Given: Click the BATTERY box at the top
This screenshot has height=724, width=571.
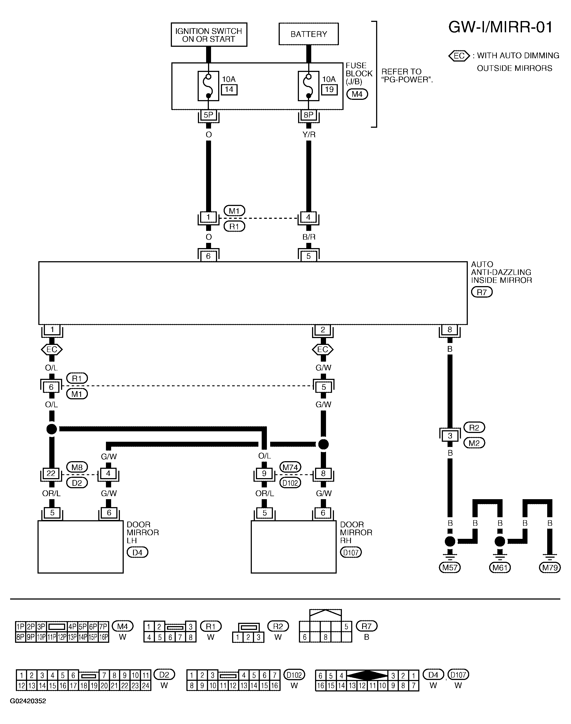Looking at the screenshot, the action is point(308,34).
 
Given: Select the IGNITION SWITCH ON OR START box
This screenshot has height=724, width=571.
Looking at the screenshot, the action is point(209,34).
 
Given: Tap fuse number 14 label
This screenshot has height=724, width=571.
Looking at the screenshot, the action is point(229,89).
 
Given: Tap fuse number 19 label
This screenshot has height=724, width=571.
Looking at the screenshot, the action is point(329,89).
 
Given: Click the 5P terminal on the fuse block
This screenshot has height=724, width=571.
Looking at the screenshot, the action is point(208,115).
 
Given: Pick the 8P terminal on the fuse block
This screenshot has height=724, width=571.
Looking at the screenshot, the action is point(308,115).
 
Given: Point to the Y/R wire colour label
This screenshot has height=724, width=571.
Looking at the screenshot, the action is point(309,135).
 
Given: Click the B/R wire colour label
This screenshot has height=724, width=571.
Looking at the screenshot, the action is point(309,237).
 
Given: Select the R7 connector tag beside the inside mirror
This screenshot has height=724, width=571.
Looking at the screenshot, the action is point(482,292).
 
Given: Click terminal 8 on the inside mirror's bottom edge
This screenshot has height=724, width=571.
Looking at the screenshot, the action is point(450,330).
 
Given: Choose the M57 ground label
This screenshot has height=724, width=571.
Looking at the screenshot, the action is point(450,567).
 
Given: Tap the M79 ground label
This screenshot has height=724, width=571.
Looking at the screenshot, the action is point(550,567).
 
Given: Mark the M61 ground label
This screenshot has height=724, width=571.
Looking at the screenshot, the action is point(500,567).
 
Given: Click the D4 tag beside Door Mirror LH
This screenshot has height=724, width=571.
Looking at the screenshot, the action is point(137,553).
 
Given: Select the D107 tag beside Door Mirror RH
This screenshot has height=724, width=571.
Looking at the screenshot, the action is point(351,553).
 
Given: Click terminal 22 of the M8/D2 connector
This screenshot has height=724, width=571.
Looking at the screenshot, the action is point(51,473).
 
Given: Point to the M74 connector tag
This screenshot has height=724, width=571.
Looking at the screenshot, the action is point(290,467).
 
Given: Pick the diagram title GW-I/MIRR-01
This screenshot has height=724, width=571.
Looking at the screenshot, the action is point(500,27).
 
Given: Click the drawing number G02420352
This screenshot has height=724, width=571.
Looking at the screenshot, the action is point(28,701).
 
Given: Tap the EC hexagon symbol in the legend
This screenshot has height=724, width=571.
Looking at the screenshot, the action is point(459,56).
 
